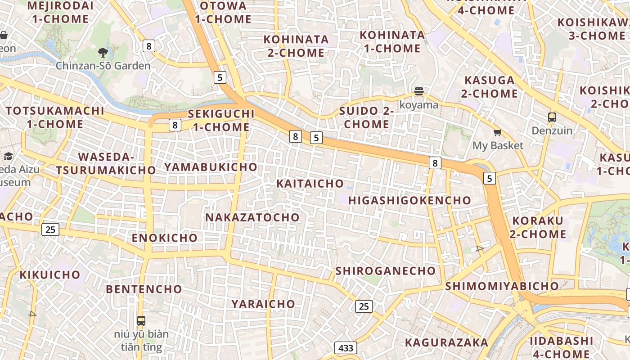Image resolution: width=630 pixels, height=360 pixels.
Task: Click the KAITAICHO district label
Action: tap(310, 184)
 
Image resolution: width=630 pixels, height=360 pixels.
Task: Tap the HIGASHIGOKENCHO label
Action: tap(409, 200)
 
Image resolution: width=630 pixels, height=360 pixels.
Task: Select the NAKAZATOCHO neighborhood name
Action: tap(252, 217)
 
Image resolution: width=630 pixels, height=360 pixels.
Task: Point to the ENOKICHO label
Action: tap(165, 238)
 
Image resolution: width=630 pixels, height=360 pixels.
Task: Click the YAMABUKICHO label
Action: tap(211, 167)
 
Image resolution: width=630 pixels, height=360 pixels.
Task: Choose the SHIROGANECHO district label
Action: tap(386, 271)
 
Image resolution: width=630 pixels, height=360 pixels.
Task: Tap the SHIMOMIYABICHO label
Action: tap(502, 286)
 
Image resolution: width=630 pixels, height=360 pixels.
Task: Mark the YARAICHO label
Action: tap(263, 304)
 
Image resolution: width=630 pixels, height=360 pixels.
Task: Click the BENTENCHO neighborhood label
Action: tap(144, 289)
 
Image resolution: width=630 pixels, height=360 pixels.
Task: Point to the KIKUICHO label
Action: tap(50, 274)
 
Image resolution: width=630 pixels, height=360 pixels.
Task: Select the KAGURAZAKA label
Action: tap(446, 342)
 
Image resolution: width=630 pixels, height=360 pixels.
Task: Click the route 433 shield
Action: tap(346, 348)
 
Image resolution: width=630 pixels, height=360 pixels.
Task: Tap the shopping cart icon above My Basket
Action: tap(498, 132)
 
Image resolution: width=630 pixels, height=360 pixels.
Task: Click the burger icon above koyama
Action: tap(419, 92)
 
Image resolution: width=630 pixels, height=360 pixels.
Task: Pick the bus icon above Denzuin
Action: tap(552, 117)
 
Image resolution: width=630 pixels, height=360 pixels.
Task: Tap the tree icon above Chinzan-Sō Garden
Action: tap(103, 53)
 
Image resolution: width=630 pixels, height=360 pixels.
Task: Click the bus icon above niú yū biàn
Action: tap(141, 321)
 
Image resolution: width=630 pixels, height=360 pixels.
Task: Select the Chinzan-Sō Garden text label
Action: tap(103, 66)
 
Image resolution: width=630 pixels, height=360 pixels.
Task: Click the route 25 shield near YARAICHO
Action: tap(364, 306)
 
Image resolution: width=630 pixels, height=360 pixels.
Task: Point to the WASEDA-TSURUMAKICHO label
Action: tap(106, 164)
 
